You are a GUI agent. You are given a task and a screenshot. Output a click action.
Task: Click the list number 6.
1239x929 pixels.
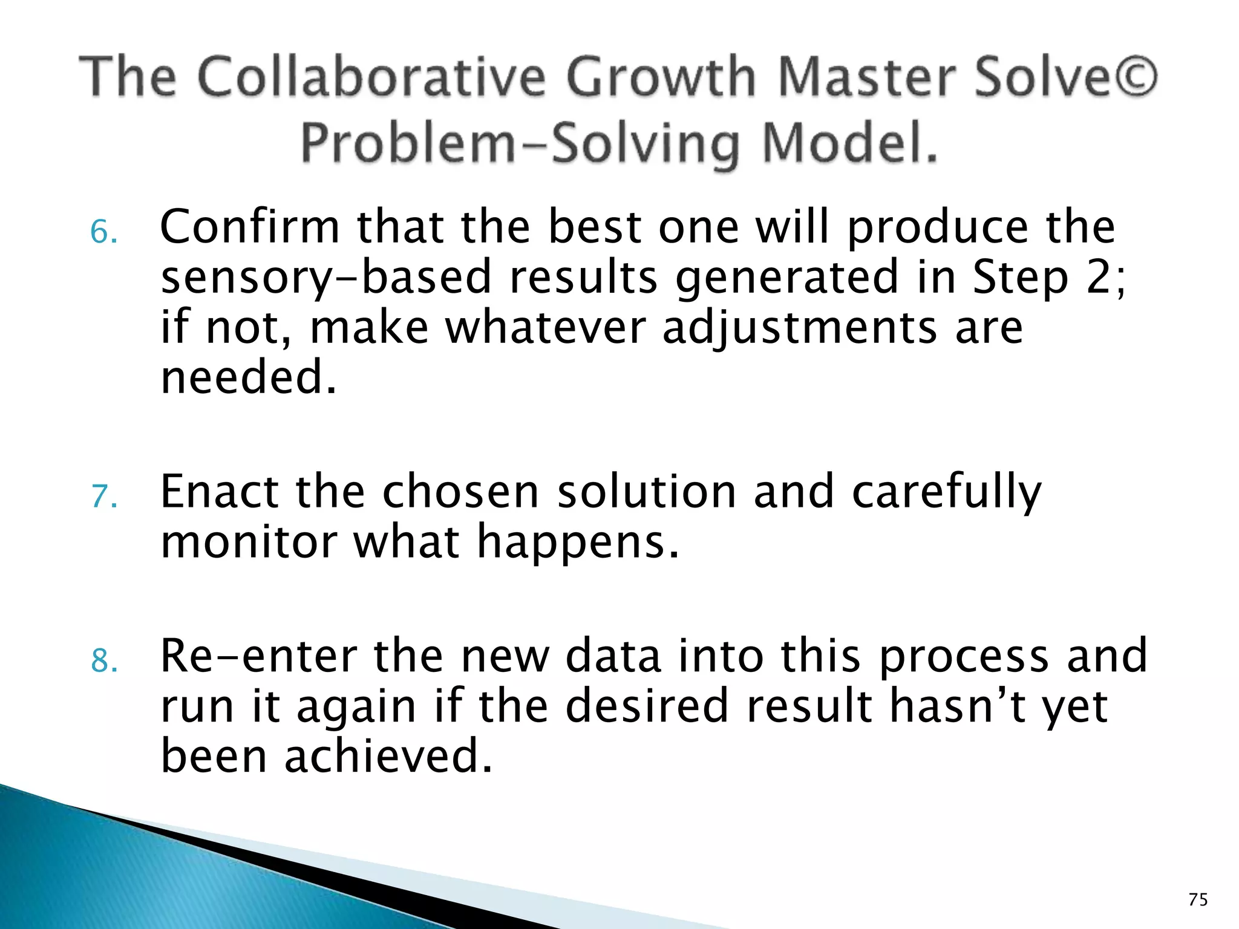click(103, 233)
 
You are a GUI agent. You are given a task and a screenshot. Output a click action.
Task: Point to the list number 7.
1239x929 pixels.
click(103, 497)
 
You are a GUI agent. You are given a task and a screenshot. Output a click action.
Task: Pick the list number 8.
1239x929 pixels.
click(103, 661)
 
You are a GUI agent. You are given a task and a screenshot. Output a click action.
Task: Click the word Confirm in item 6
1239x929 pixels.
click(249, 227)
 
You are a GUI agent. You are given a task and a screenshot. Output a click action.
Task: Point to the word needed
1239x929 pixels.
click(248, 377)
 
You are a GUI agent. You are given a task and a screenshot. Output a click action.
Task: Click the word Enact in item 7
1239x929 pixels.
click(219, 491)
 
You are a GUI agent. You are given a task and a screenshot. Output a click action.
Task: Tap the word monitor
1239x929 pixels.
click(248, 542)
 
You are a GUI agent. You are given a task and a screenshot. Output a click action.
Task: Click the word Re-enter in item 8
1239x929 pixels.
click(258, 656)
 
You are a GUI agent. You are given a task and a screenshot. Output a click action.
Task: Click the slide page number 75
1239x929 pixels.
click(1198, 899)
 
